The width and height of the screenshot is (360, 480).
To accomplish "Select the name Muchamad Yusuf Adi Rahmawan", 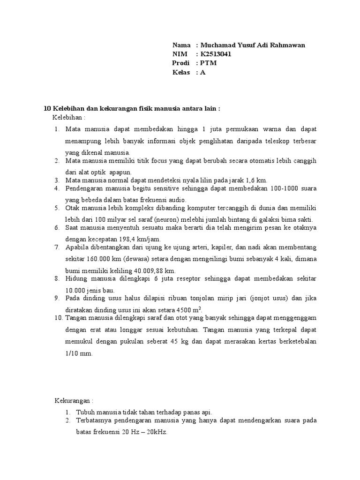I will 253,45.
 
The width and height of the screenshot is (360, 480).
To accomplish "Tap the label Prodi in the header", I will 181,63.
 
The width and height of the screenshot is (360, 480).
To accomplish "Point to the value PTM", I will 209,63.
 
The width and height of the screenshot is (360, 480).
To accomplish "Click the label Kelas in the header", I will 181,72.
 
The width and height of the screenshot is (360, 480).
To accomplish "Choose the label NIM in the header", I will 180,54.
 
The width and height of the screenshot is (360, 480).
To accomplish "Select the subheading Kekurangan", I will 73,401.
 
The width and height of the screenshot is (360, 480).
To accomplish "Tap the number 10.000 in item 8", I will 75,290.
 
